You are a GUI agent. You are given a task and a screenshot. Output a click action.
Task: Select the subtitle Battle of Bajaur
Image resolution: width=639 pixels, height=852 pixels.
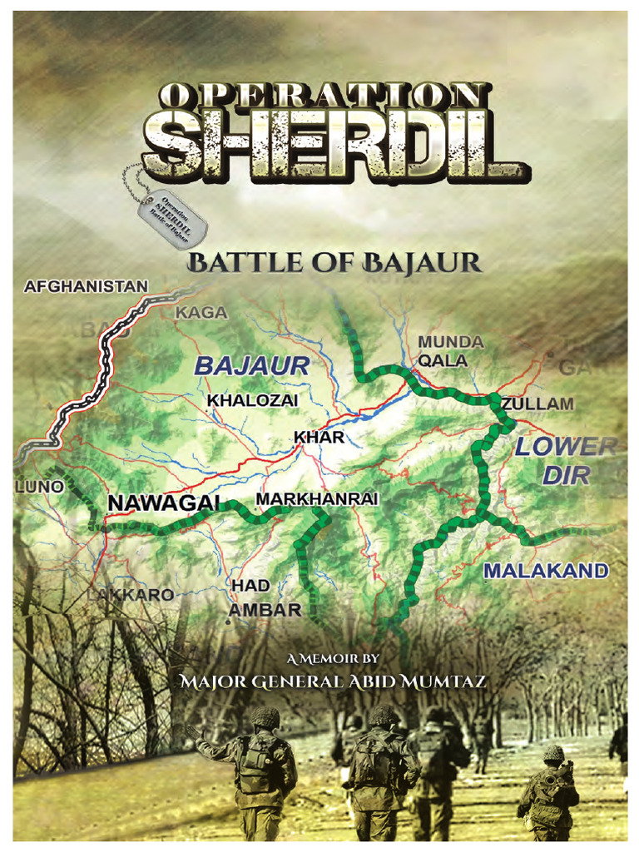(x=334, y=265)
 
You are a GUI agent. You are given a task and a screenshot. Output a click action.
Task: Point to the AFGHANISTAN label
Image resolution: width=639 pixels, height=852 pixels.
(x=87, y=287)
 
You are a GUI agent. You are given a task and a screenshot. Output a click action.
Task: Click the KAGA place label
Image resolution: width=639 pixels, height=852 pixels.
(x=201, y=312)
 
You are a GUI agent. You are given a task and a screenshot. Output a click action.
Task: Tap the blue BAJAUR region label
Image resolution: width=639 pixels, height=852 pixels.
(x=251, y=365)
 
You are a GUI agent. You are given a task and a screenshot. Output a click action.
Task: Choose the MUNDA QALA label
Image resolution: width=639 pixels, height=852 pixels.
(x=450, y=351)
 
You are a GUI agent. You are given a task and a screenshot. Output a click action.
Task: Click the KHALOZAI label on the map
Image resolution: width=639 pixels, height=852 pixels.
(x=252, y=400)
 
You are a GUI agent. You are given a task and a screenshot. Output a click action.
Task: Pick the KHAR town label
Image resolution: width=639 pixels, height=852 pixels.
(x=319, y=436)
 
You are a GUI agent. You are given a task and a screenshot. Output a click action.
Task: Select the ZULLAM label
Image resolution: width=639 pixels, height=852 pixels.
(x=538, y=404)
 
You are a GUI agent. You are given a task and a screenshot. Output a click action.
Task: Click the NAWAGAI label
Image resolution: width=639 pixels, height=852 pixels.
(x=164, y=503)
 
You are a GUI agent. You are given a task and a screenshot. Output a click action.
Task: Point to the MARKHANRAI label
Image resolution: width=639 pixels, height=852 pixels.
(x=317, y=498)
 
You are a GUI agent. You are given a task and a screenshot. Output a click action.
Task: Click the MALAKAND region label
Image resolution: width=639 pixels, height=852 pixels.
(x=546, y=571)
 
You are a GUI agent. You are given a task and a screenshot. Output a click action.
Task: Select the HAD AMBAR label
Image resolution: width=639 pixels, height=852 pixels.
(x=264, y=598)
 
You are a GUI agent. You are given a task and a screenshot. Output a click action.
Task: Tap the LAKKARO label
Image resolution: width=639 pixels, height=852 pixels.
(x=132, y=595)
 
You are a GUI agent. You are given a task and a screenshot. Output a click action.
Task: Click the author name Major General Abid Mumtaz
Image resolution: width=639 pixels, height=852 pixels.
(x=334, y=682)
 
